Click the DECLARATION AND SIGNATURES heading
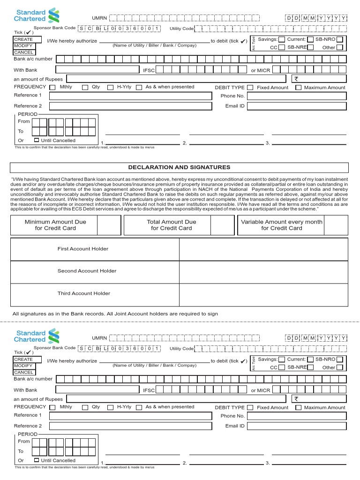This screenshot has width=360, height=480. [179, 167]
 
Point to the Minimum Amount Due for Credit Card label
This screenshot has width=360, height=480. [55, 225]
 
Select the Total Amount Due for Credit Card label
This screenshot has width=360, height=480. [171, 225]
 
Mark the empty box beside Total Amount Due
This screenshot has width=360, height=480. [222, 225]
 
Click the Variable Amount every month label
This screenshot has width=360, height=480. [282, 225]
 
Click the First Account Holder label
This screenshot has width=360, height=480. [82, 249]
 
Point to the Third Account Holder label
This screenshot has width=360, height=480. [83, 293]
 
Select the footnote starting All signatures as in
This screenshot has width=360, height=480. [115, 314]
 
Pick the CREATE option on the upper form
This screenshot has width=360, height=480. [23, 40]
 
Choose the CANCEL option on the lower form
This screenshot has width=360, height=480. [23, 372]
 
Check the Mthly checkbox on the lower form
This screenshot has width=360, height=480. [52, 407]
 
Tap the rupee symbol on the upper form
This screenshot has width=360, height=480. [296, 79]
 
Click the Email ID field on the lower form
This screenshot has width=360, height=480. [297, 426]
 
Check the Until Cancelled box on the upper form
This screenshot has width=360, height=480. [37, 140]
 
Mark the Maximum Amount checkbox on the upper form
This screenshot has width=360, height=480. [299, 88]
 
